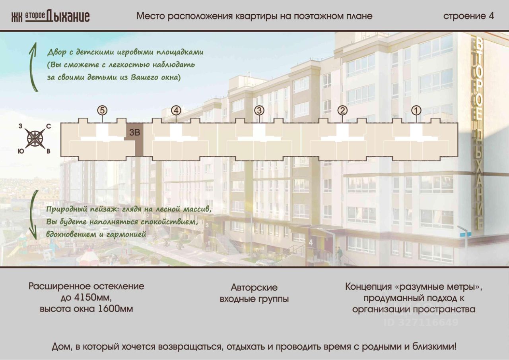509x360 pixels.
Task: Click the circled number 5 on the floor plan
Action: [103, 110]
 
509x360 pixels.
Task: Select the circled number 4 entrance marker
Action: [176, 110]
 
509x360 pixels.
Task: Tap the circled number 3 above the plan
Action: [259, 110]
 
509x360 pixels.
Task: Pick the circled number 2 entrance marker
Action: [342, 110]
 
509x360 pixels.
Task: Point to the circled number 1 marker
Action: [416, 110]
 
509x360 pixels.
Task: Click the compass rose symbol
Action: [35, 139]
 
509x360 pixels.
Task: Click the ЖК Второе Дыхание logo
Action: [51, 16]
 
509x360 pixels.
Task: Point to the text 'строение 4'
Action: [468, 16]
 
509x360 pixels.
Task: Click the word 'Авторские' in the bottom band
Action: [254, 287]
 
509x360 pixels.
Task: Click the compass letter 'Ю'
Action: [20, 151]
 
